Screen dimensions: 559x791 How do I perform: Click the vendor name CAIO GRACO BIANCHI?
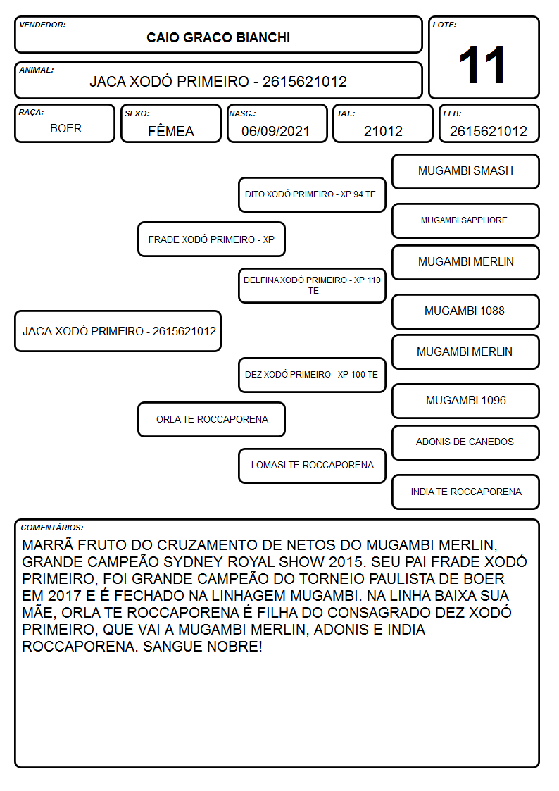(218, 38)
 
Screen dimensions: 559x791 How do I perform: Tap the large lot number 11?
(483, 65)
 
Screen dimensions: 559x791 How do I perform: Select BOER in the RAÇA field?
(65, 129)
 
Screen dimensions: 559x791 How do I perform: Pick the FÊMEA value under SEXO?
(171, 131)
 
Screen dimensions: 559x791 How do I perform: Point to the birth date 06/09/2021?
(275, 131)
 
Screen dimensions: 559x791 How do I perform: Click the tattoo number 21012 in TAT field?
(383, 131)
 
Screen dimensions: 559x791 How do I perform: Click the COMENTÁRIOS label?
(52, 528)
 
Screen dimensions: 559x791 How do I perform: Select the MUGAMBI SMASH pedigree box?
(465, 172)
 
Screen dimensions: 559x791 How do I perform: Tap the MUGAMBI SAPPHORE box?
(465, 220)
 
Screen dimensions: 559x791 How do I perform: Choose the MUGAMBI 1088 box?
(465, 311)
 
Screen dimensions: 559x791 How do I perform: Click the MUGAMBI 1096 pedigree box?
(465, 401)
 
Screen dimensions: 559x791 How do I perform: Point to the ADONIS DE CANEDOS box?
(465, 442)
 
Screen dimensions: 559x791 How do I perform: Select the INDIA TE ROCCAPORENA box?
(465, 492)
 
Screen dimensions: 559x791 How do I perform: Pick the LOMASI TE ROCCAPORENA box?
(312, 466)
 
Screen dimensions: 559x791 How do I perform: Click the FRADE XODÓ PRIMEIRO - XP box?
(211, 239)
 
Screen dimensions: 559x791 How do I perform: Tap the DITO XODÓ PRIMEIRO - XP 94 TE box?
(312, 194)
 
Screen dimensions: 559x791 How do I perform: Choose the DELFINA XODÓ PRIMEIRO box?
(312, 285)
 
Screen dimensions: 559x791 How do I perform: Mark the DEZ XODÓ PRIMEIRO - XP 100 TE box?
(312, 375)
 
